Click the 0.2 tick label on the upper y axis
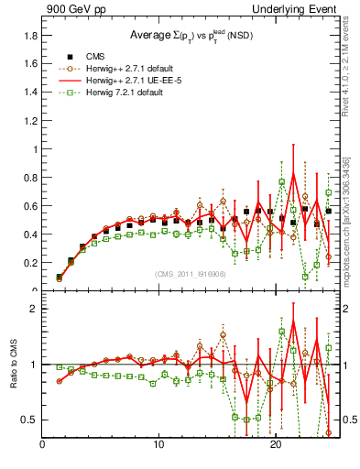pyautogui.click(x=29, y=263)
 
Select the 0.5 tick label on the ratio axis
pyautogui.click(x=29, y=420)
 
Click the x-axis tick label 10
pyautogui.click(x=159, y=447)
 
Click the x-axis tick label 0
pyautogui.click(x=42, y=447)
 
